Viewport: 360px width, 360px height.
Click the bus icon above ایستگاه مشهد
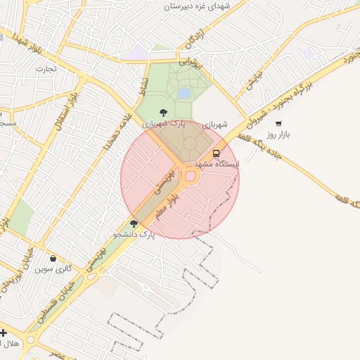[216, 153]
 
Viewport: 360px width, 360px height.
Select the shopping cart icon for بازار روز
[279, 124]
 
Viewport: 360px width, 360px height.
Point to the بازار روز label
[279, 134]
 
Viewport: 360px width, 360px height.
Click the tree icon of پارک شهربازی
[163, 112]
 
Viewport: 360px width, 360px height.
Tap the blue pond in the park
[184, 93]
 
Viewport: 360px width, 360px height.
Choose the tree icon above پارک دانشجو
[134, 223]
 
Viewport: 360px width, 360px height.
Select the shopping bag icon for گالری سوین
[53, 258]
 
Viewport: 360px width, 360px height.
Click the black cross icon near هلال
[4, 333]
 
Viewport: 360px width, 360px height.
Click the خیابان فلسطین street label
[53, 303]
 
